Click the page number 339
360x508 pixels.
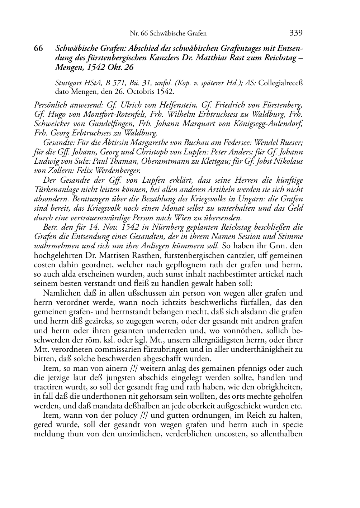(296, 33)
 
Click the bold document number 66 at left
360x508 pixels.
(38, 49)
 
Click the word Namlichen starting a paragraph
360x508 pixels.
(60, 293)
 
